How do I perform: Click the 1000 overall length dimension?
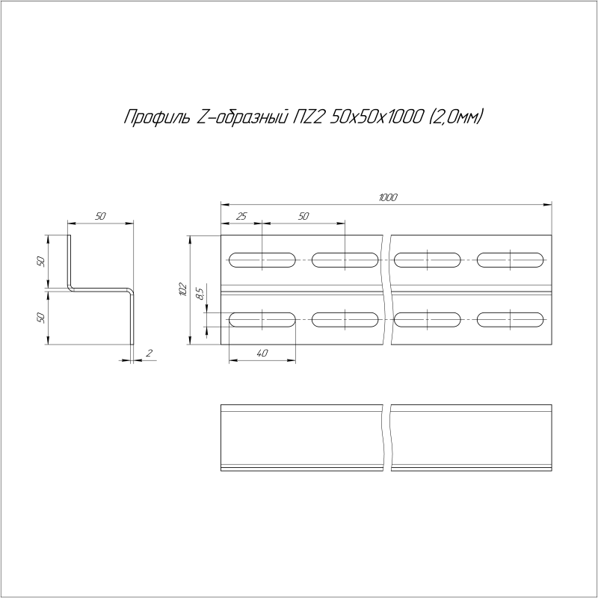coord(388,197)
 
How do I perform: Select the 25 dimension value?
coord(241,216)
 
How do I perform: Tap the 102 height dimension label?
coord(182,289)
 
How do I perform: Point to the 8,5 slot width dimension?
coord(200,293)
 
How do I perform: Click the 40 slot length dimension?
coord(262,353)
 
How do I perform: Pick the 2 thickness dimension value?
coord(149,353)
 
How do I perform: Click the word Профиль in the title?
coord(157,117)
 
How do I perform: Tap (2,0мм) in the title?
coord(456,117)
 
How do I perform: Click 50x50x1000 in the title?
coord(376,117)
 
